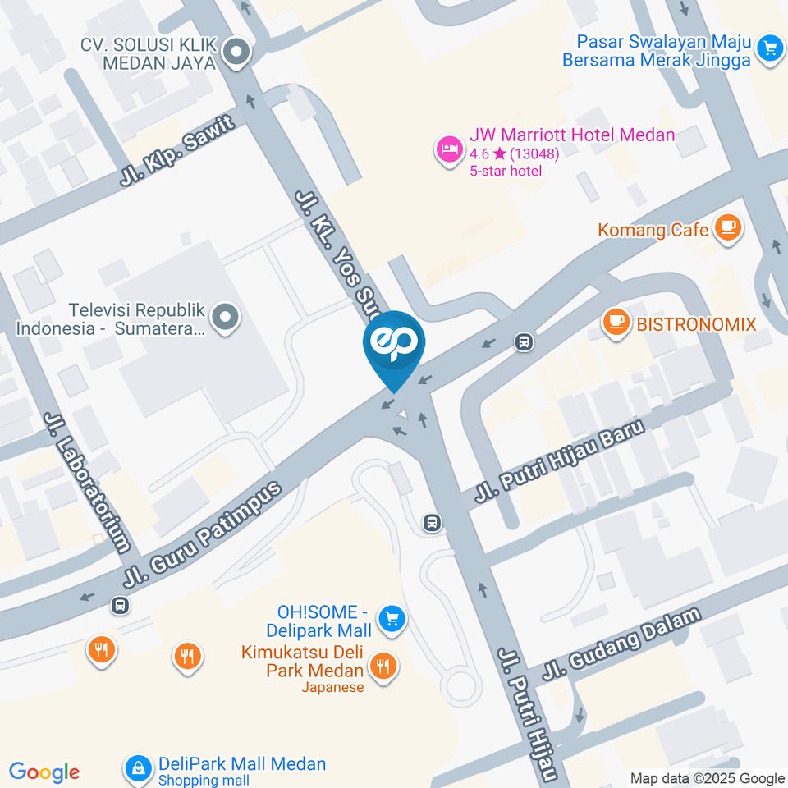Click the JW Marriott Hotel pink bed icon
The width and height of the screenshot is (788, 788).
click(x=447, y=150)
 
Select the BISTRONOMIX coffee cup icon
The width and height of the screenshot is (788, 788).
click(x=616, y=322)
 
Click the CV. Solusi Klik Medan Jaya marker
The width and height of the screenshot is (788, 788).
click(x=237, y=53)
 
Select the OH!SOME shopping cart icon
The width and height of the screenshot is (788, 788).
click(x=392, y=619)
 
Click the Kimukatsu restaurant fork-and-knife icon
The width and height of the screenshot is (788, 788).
click(x=381, y=665)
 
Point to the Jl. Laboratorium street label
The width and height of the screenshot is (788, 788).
click(x=89, y=492)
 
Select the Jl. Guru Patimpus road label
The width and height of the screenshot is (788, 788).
click(x=202, y=534)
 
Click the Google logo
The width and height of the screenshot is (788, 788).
click(x=44, y=772)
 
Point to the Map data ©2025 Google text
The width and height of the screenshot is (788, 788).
click(x=708, y=778)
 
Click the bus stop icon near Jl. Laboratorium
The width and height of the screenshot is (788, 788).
click(x=120, y=605)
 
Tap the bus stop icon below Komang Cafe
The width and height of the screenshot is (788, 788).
click(x=522, y=341)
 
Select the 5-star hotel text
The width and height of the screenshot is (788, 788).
click(x=506, y=171)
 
